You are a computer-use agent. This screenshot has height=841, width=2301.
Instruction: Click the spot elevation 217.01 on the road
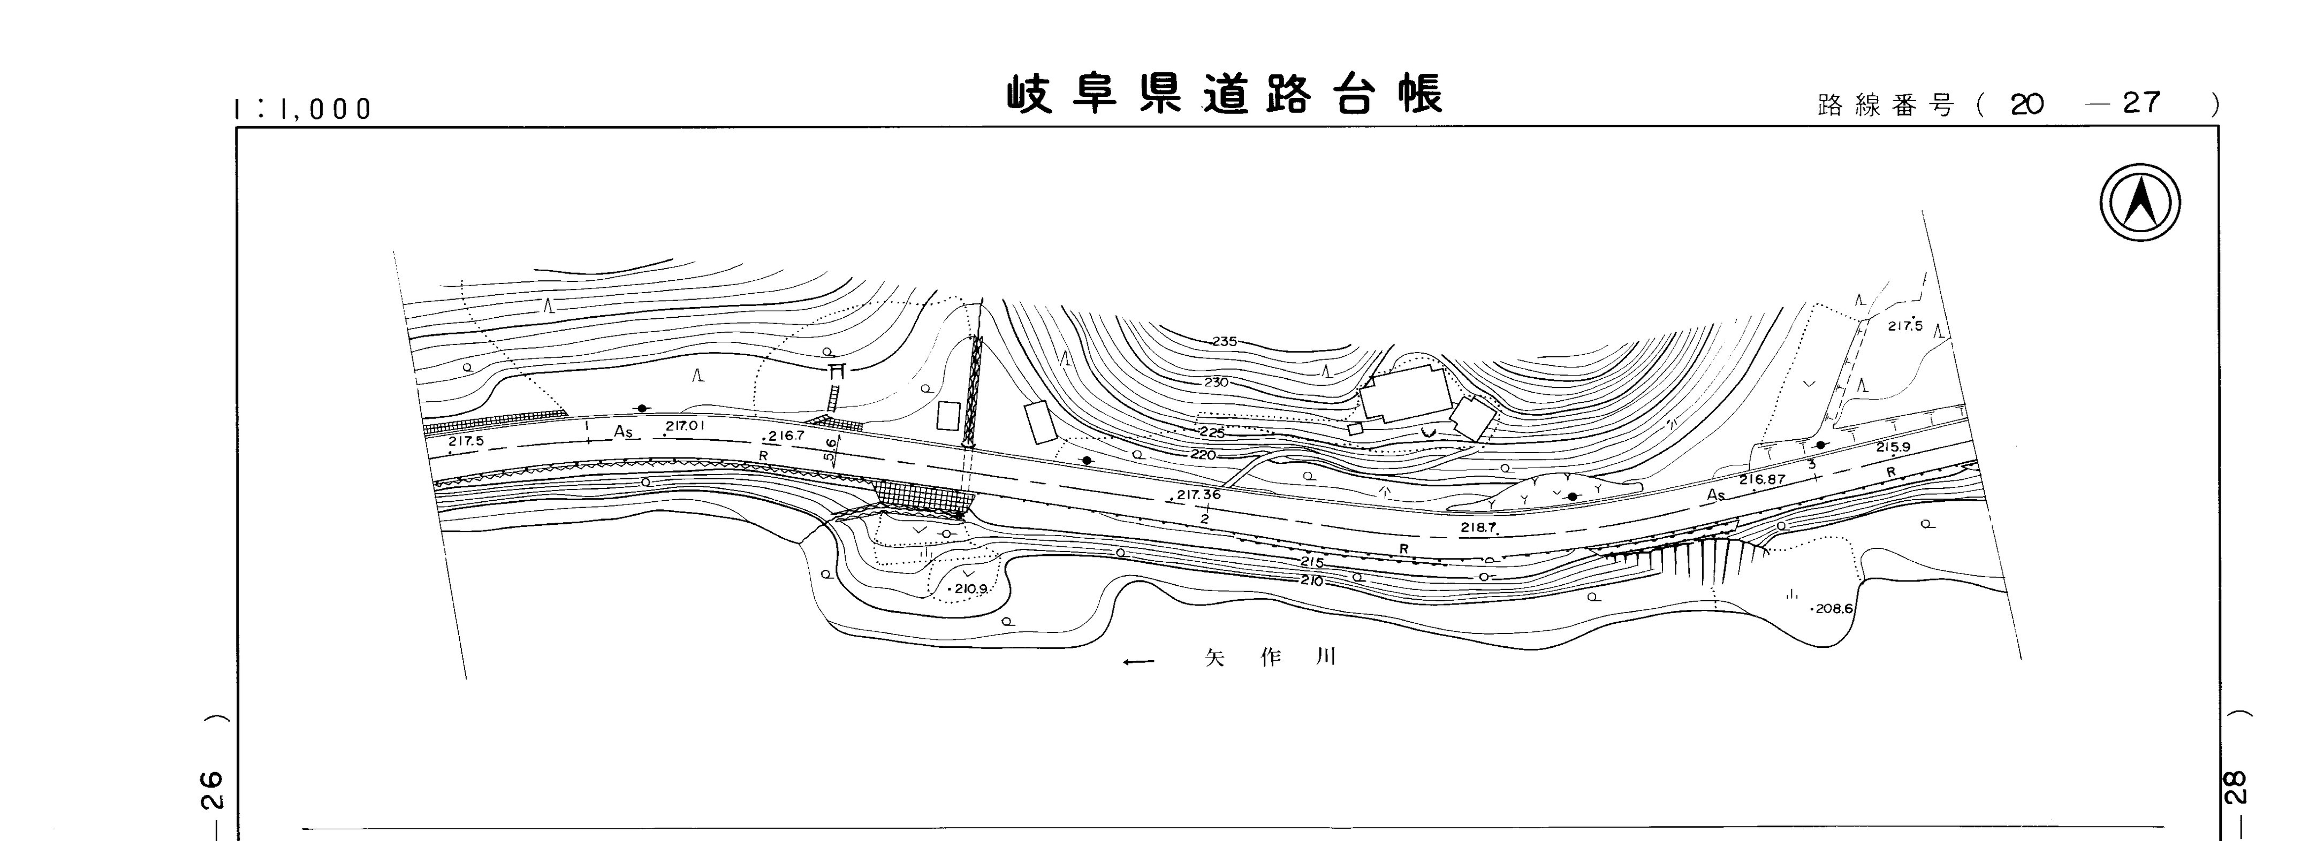point(685,426)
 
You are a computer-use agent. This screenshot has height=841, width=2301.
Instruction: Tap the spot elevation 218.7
point(1478,527)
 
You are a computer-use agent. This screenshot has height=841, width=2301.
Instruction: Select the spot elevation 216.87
point(1761,479)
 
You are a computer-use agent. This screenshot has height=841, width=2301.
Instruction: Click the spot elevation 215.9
point(1893,447)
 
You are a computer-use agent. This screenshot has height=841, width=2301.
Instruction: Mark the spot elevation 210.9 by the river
point(970,589)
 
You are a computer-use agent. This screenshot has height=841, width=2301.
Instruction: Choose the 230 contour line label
point(1216,382)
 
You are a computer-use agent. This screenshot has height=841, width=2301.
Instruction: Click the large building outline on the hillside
point(1404,394)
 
